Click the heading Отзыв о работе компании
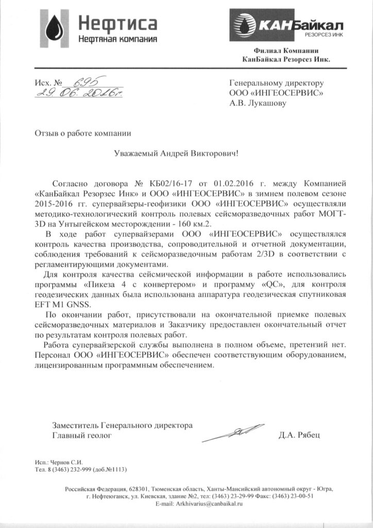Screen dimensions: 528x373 [x=83, y=133]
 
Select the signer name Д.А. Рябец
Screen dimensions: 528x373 [x=299, y=435]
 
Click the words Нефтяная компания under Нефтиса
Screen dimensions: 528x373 [x=117, y=39]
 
